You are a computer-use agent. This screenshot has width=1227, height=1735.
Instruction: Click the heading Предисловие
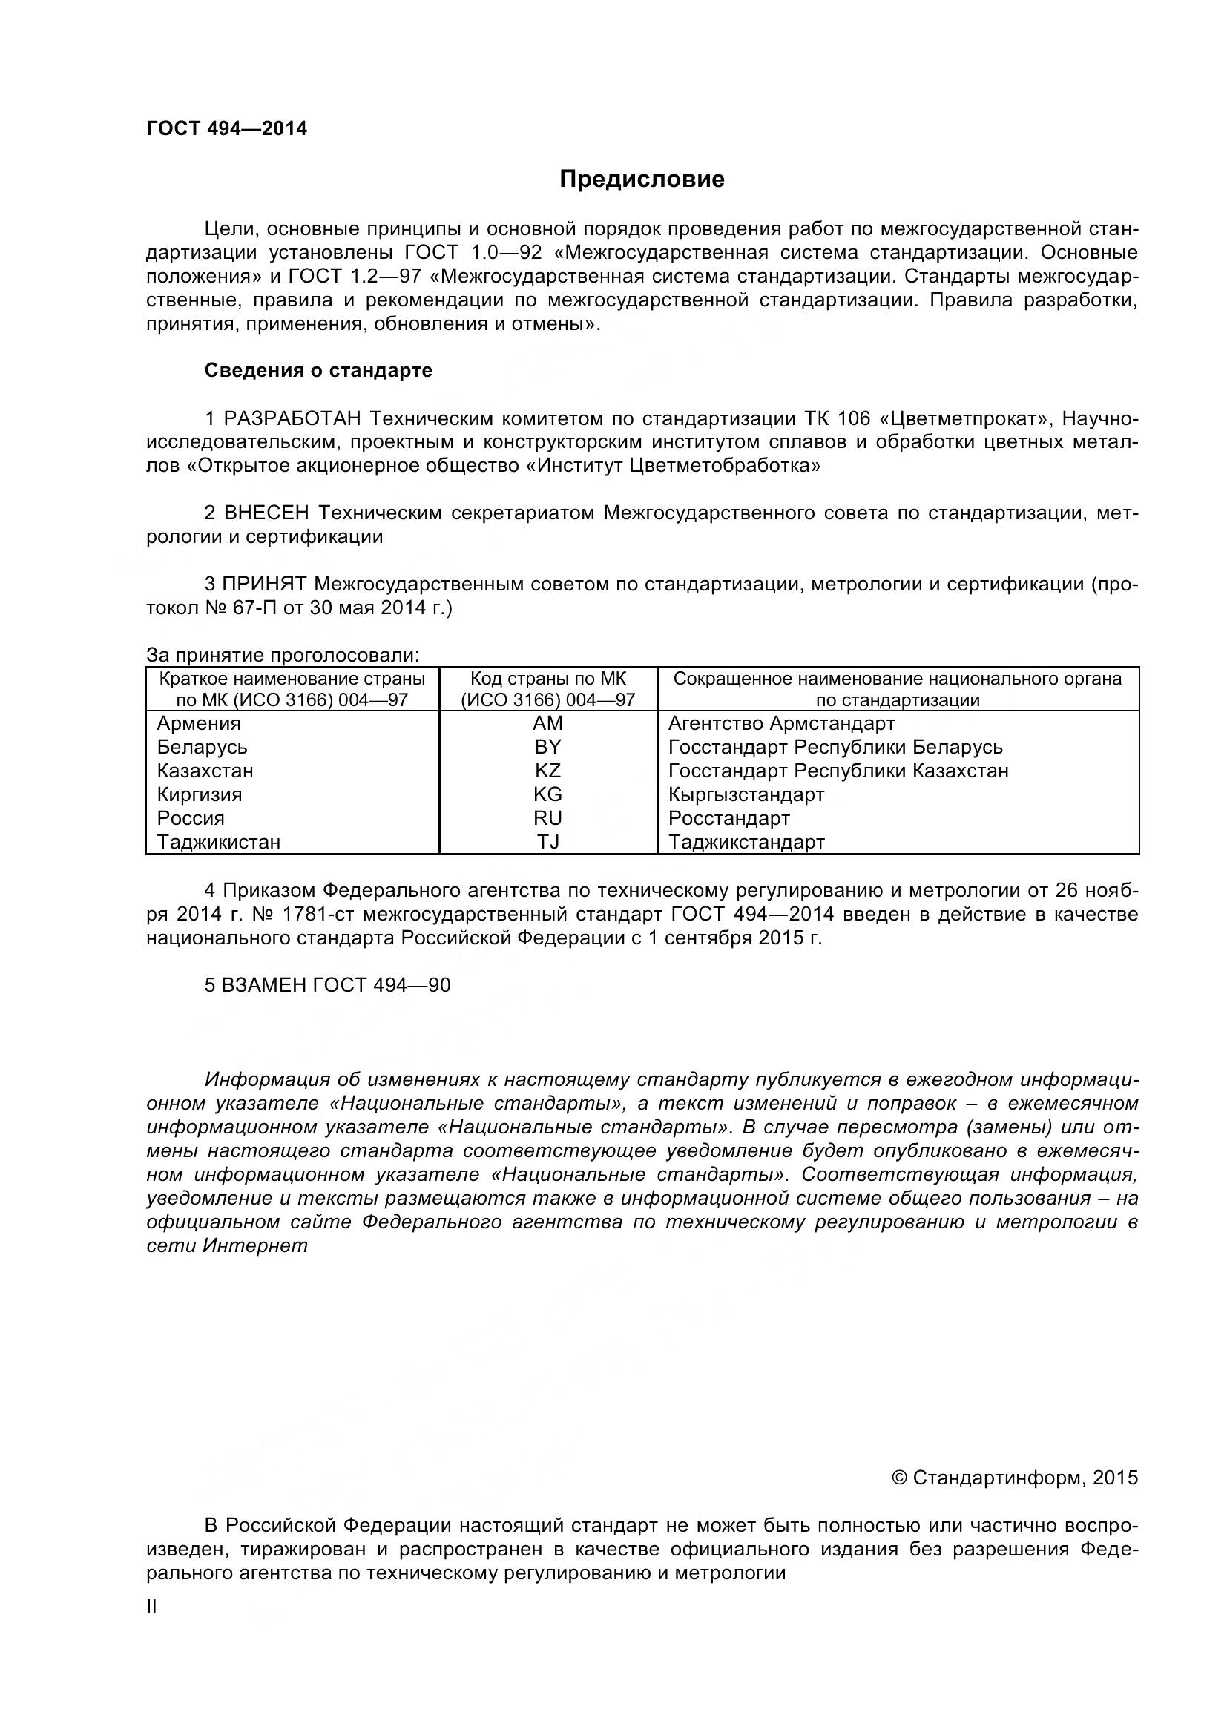(x=642, y=179)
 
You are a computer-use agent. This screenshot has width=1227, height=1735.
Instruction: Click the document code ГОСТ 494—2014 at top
(x=227, y=128)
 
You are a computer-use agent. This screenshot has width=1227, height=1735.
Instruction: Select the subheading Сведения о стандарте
(x=318, y=370)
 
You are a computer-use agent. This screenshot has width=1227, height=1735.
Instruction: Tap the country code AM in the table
(x=547, y=723)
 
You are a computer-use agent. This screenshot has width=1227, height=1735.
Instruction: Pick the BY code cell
(x=547, y=747)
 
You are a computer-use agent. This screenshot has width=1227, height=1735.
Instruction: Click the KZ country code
(x=547, y=771)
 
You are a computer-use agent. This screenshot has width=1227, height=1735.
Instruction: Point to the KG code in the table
(x=547, y=794)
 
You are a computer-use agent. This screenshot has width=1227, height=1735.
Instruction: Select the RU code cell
(x=547, y=817)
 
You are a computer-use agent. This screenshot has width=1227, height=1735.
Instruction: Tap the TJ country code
(x=547, y=841)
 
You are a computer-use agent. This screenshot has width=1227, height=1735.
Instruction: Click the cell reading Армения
(x=199, y=723)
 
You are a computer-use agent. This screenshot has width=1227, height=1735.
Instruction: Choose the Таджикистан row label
(x=218, y=841)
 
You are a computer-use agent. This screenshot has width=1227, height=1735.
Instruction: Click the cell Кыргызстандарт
(x=746, y=794)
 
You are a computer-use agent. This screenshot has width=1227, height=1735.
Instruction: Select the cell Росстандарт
(x=729, y=817)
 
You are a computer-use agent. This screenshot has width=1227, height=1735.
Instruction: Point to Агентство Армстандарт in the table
(x=781, y=723)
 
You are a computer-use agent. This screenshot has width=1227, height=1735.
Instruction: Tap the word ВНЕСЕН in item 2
(x=267, y=513)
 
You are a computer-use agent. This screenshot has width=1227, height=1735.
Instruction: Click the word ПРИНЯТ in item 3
(x=264, y=583)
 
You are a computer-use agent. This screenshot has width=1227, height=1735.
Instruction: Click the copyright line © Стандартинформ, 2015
(x=1015, y=1478)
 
